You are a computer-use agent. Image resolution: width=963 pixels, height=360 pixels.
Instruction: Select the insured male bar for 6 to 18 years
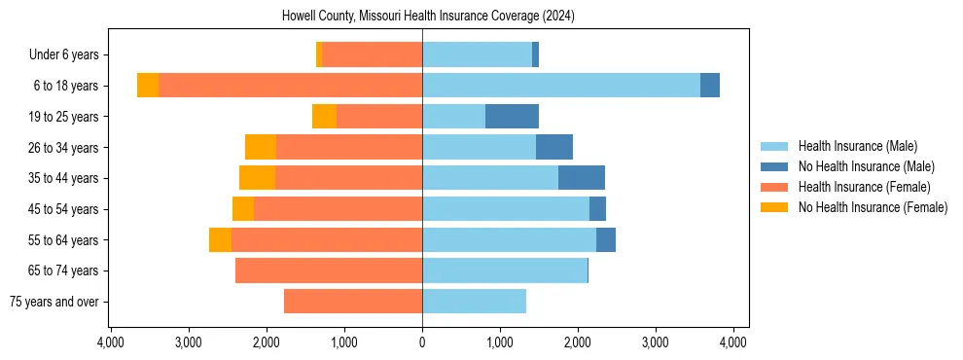coord(560,86)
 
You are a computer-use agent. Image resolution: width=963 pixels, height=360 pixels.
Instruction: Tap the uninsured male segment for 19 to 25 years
coord(512,117)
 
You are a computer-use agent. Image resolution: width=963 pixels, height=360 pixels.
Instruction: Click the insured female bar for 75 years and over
coord(352,302)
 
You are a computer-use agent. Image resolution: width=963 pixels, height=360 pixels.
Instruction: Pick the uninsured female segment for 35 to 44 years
coord(257,178)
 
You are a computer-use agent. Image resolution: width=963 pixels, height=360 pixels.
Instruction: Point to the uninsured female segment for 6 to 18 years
coord(148,86)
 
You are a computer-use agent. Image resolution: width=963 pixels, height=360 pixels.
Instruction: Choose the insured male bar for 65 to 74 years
coord(504,270)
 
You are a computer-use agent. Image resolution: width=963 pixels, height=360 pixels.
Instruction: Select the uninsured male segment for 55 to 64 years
coord(605,239)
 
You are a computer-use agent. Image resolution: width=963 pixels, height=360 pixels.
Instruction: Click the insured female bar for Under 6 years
coord(372,54)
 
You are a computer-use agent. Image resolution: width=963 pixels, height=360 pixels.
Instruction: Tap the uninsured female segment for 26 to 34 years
coord(261,147)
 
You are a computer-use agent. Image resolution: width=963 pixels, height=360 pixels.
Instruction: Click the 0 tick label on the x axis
coord(422,342)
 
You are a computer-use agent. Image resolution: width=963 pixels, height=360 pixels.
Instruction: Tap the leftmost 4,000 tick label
coord(110,342)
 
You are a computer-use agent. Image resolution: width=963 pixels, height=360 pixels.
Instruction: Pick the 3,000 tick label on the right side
coord(655,342)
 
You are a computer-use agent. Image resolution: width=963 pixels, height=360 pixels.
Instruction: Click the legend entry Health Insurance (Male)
coord(857,146)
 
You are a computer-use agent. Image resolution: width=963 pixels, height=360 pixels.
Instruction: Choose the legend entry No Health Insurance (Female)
coord(872,207)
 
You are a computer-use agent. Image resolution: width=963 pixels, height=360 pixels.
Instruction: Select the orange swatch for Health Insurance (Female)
coord(774,187)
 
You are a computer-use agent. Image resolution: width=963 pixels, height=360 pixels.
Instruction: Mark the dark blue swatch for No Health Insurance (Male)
coord(774,166)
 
